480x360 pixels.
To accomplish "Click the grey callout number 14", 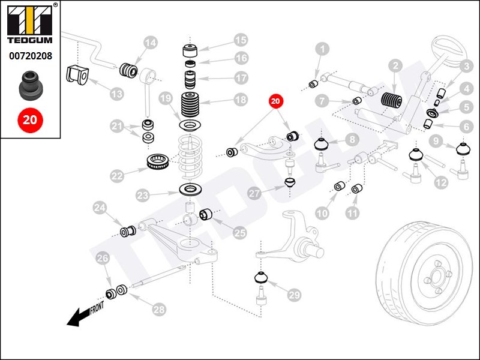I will point(150,43).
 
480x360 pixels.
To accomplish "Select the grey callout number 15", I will point(241,40).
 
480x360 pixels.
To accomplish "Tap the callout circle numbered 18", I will point(241,100).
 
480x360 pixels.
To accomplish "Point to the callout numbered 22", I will point(118,176).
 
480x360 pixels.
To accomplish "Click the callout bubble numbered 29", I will point(294,295).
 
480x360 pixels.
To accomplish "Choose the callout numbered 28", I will point(158,310).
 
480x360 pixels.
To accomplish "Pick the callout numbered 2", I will point(395,65).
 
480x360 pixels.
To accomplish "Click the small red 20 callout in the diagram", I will point(276,102).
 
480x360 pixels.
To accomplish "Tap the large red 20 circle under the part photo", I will point(29,119).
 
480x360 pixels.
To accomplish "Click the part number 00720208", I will point(29,56).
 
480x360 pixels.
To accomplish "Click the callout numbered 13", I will point(115,94).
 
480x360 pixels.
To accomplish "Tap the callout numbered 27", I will point(254,193).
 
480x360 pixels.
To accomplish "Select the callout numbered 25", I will point(239,232).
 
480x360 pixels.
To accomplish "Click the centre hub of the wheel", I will point(436,275).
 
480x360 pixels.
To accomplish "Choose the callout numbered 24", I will point(100,208).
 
